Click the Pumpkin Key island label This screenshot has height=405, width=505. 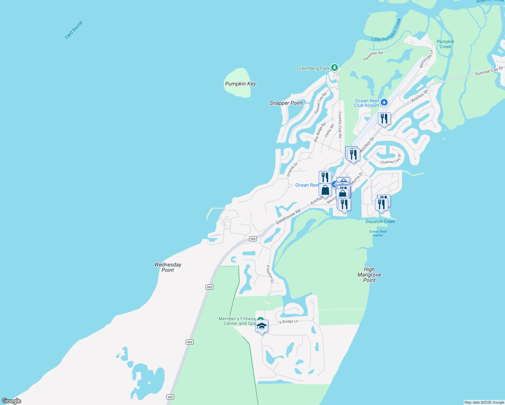click(x=240, y=84)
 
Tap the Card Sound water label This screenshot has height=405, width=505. click(x=74, y=30)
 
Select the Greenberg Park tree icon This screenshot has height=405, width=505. click(x=334, y=67)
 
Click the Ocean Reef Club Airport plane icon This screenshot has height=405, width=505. click(x=384, y=102)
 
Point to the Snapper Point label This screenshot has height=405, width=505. click(x=286, y=103)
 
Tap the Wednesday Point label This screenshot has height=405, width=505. click(x=168, y=267)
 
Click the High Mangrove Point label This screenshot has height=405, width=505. click(x=369, y=275)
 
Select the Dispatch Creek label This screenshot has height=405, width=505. click(x=380, y=221)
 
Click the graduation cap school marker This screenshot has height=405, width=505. click(x=262, y=326)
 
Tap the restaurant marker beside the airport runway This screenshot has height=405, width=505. click(x=384, y=119)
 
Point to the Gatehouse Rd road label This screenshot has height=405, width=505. click(x=288, y=217)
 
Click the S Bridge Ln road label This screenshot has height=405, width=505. click(x=289, y=322)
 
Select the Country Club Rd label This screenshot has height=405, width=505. click(x=340, y=125)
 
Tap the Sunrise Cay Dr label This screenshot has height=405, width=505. click(x=489, y=71)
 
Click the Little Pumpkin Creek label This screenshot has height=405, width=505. click(x=387, y=31)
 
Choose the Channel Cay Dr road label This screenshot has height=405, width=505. click(x=391, y=160)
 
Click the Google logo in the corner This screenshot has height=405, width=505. click(x=11, y=401)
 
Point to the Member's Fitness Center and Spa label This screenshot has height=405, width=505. click(x=237, y=321)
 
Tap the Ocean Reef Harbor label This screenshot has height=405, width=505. click(x=378, y=233)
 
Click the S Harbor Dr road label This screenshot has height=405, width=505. click(x=270, y=274)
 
